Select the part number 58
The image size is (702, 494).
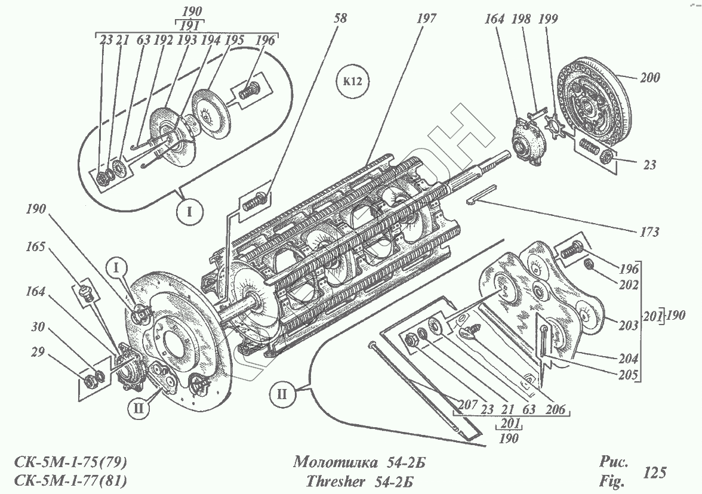pyautogui.click(x=339, y=19)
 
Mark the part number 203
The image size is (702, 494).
pyautogui.click(x=629, y=326)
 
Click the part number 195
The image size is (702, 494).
pyautogui.click(x=235, y=41)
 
